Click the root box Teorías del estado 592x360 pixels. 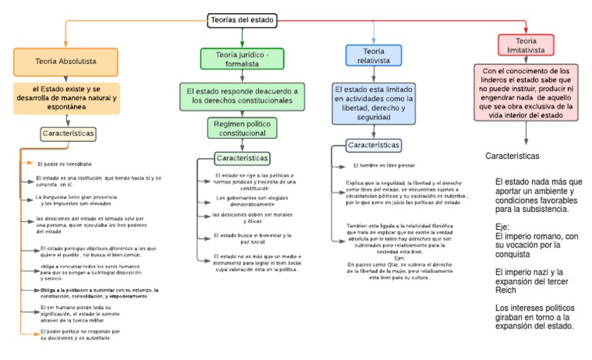click(x=244, y=21)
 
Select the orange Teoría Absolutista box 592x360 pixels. click(x=66, y=60)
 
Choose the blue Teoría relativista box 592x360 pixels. click(x=374, y=56)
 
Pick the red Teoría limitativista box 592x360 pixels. click(x=526, y=45)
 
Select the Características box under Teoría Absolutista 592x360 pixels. click(x=69, y=133)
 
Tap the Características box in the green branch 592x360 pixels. click(x=242, y=158)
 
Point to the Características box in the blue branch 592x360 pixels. click(x=374, y=145)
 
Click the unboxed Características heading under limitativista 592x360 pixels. click(x=512, y=156)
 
